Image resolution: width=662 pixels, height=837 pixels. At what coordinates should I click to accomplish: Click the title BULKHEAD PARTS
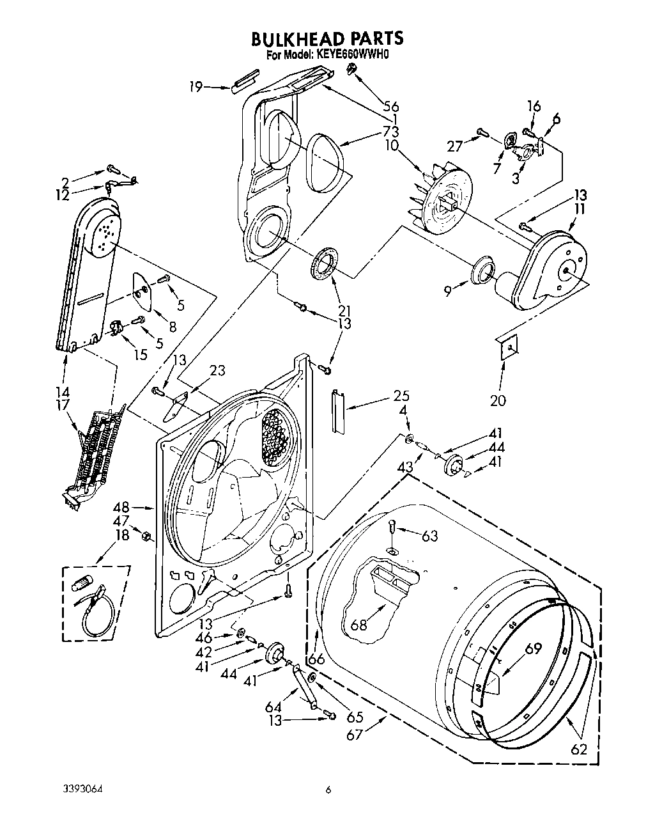click(x=327, y=38)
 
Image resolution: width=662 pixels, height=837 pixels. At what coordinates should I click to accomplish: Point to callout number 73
click(x=390, y=132)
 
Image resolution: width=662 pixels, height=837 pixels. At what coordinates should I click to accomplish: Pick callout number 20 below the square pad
click(x=498, y=401)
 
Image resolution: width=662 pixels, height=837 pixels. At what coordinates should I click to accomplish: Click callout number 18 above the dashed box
click(x=121, y=535)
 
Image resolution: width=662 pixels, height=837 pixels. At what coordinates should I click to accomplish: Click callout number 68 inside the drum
click(x=359, y=624)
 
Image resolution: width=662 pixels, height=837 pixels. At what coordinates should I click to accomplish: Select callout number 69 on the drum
click(x=532, y=648)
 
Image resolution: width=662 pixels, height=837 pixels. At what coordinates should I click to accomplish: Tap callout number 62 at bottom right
click(x=580, y=749)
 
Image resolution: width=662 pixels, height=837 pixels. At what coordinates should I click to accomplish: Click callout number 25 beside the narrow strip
click(x=401, y=396)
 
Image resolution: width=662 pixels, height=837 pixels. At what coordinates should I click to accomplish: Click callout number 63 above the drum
click(x=429, y=535)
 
